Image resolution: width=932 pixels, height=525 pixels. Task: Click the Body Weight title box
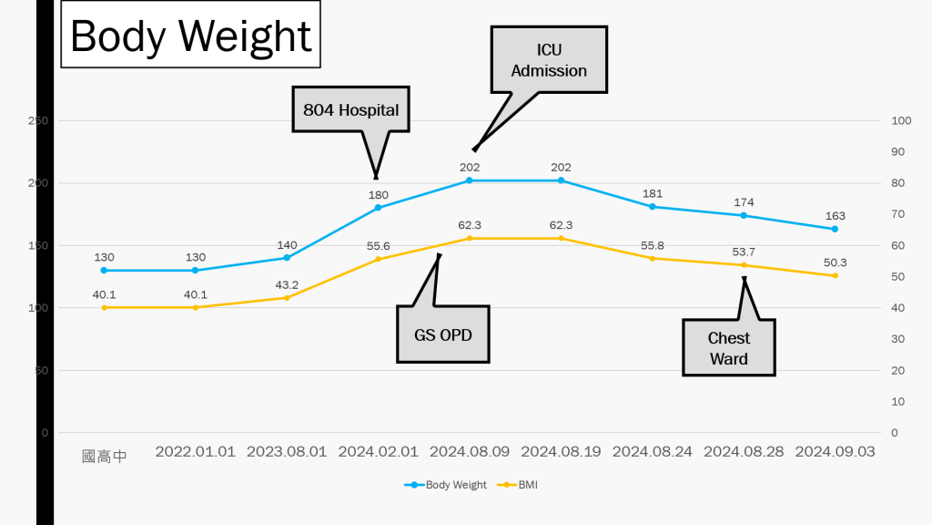tap(191, 36)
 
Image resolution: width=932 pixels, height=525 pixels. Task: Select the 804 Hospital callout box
tap(350, 109)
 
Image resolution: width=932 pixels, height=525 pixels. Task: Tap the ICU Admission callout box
tap(549, 59)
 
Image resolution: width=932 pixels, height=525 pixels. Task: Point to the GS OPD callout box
tap(442, 334)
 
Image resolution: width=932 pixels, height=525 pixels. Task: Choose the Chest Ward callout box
tap(729, 347)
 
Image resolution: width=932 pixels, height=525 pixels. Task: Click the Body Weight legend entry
tap(445, 485)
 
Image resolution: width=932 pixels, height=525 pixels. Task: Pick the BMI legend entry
tap(520, 485)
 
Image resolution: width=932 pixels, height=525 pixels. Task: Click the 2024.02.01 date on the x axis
tap(378, 451)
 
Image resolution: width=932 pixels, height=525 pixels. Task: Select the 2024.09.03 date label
tap(835, 451)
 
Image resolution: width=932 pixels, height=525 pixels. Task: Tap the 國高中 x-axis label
tap(104, 456)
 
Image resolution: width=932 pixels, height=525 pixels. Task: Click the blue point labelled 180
tap(378, 208)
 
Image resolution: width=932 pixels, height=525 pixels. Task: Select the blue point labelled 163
tap(835, 229)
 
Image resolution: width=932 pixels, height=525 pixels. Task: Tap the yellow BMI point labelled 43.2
tap(287, 298)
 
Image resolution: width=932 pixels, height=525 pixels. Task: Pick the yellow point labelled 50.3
tap(835, 275)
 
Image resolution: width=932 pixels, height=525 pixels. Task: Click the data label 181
tap(652, 193)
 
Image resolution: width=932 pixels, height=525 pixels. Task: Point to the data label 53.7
tap(744, 252)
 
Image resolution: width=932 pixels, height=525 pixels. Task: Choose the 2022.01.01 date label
tap(195, 451)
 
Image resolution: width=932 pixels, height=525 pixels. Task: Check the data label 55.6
tap(378, 246)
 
